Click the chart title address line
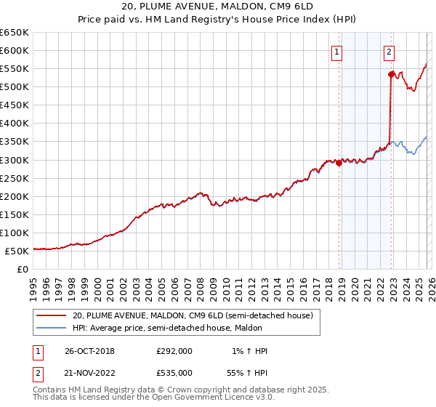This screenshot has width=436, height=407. [218, 7]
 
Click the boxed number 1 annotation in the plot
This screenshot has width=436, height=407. [338, 52]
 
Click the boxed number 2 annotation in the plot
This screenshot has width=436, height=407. [389, 52]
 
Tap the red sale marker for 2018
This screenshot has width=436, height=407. [339, 163]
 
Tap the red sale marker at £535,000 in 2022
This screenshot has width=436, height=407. [391, 74]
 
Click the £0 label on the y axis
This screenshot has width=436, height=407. [22, 269]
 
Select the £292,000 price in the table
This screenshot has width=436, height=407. [174, 351]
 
